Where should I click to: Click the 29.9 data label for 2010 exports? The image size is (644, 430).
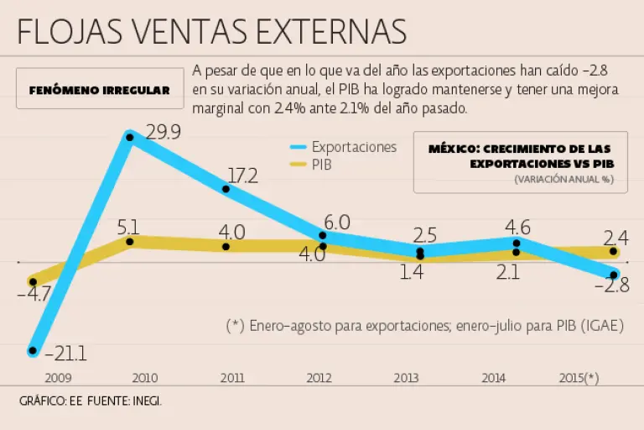click(162, 132)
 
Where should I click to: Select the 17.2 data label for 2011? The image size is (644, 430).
click(242, 176)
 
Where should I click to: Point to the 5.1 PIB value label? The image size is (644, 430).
click(128, 227)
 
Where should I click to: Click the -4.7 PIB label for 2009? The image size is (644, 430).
click(33, 295)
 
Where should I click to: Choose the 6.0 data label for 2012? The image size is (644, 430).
click(336, 223)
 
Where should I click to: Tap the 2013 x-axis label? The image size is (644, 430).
click(406, 378)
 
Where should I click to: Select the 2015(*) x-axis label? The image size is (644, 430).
click(579, 378)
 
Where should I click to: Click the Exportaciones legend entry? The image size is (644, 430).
click(353, 147)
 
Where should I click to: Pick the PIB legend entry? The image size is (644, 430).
click(320, 165)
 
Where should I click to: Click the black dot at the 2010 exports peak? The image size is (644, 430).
click(130, 135)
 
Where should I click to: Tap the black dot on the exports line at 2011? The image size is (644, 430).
click(226, 189)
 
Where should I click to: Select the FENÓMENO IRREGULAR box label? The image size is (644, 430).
click(100, 90)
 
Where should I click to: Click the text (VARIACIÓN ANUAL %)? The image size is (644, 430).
click(563, 179)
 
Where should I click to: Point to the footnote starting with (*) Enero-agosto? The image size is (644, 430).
click(425, 326)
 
